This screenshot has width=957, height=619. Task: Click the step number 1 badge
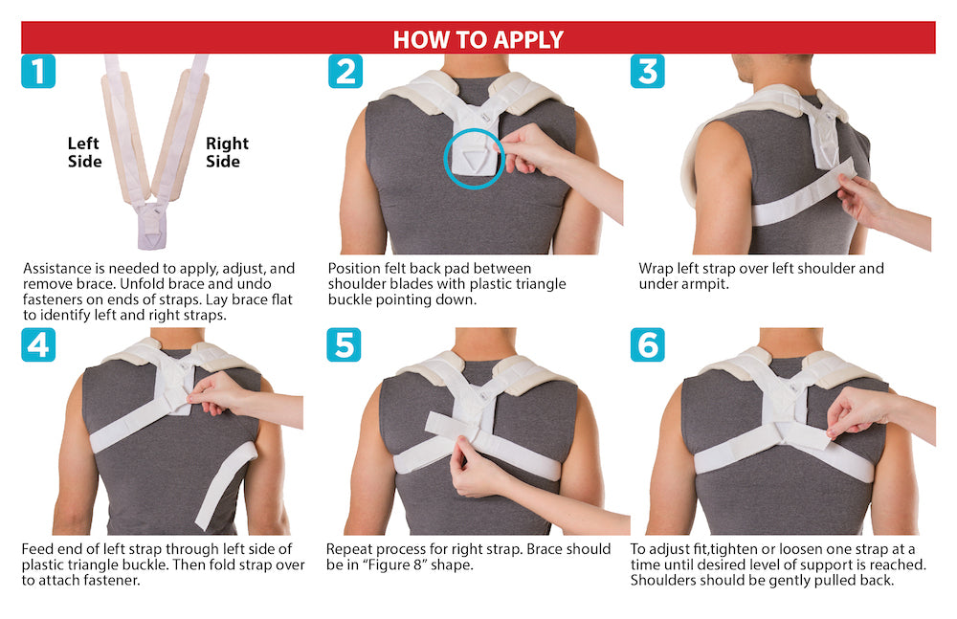38,71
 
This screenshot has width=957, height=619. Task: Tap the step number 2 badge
345,71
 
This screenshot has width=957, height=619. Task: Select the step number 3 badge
647,71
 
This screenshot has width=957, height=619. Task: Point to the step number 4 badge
38,344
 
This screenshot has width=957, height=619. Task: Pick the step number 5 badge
344,344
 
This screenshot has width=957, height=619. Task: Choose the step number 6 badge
647,344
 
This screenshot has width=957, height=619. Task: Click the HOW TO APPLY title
478,39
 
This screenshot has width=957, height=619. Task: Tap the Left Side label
84,153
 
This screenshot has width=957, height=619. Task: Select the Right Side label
227,153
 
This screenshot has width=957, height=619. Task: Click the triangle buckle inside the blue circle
473,161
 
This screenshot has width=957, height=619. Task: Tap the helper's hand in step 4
214,394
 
